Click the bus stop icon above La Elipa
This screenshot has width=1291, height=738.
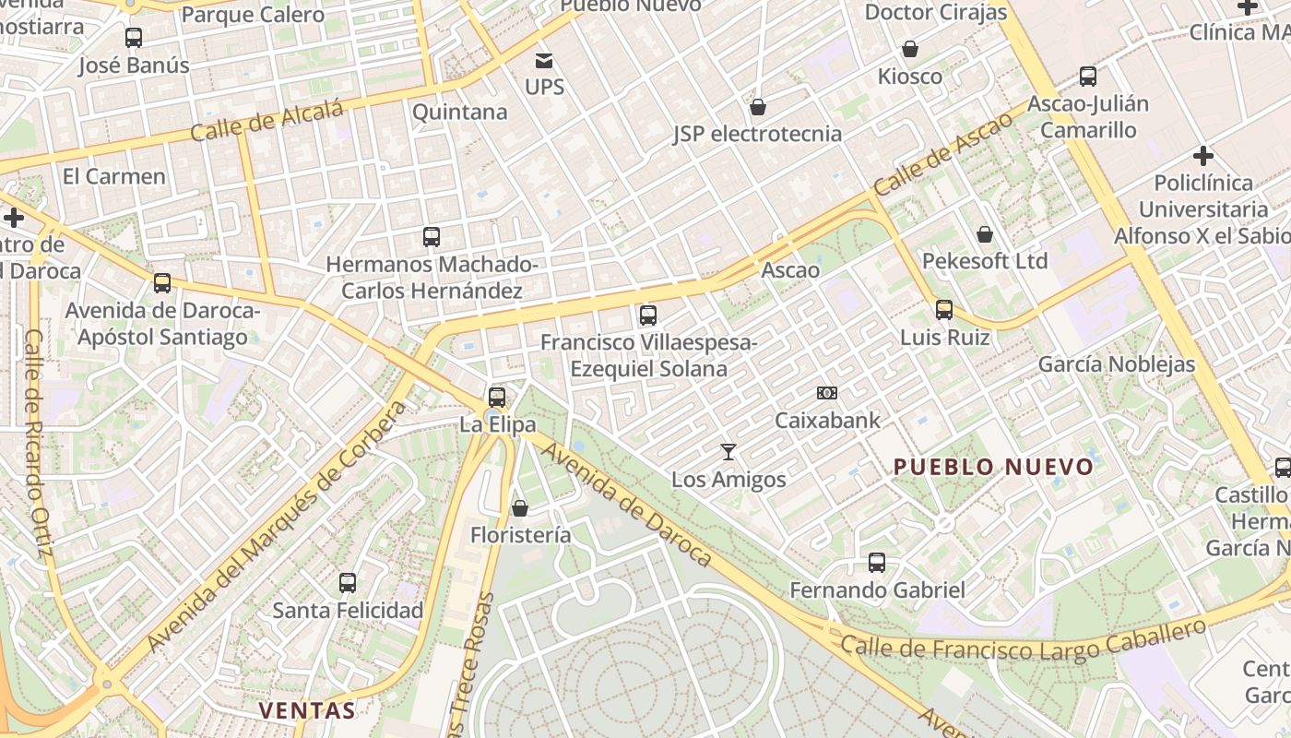[497, 398]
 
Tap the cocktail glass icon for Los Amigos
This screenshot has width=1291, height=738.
[728, 452]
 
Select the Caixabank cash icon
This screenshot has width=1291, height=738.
[827, 393]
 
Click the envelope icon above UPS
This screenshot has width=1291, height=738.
[544, 61]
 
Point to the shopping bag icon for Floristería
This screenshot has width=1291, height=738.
[520, 508]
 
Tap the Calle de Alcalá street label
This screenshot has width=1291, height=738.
[266, 121]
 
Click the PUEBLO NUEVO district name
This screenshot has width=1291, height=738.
[993, 467]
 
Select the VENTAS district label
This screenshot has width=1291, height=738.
[306, 710]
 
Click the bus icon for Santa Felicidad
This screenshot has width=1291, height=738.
[347, 583]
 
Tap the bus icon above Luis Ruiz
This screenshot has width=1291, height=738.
[944, 310]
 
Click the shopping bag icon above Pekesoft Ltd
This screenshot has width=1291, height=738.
[985, 234]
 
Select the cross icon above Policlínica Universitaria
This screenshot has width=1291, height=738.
[1202, 155]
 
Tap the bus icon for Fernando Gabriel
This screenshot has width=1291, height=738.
[877, 563]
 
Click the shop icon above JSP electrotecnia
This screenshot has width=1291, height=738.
[758, 108]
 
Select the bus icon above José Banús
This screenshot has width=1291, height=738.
[134, 38]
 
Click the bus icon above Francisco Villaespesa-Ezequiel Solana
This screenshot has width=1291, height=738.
[648, 315]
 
